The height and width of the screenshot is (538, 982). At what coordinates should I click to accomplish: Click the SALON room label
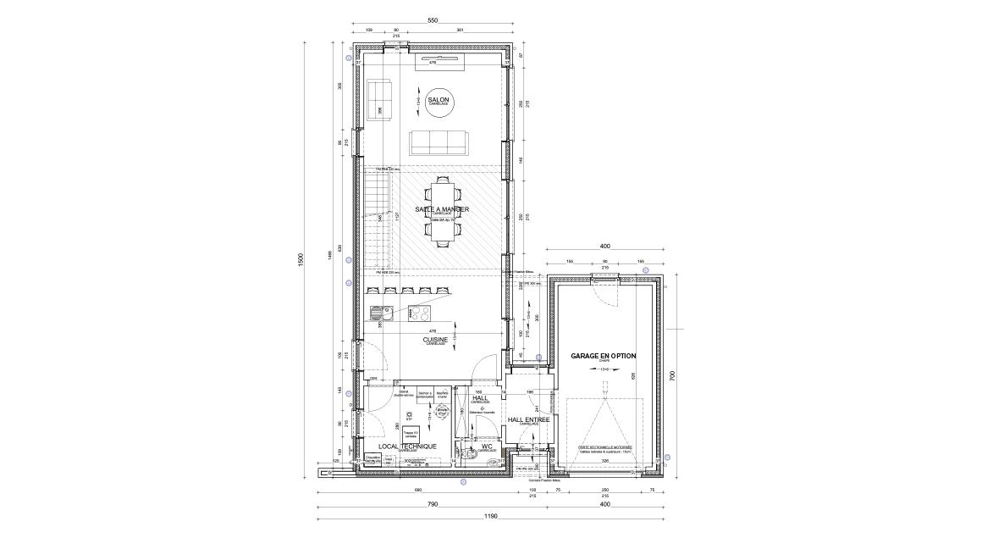439,101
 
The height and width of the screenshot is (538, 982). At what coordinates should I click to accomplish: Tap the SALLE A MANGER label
442,208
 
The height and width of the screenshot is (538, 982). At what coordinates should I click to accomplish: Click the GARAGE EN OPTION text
603,356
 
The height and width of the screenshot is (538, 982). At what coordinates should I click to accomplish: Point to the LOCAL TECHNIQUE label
407,446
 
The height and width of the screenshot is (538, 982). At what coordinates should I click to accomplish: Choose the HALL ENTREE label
528,419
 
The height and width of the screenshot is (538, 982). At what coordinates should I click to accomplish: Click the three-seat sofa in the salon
439,143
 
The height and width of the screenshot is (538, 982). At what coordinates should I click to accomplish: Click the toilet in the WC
471,454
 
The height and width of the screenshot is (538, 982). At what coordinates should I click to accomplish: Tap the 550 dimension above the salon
432,19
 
